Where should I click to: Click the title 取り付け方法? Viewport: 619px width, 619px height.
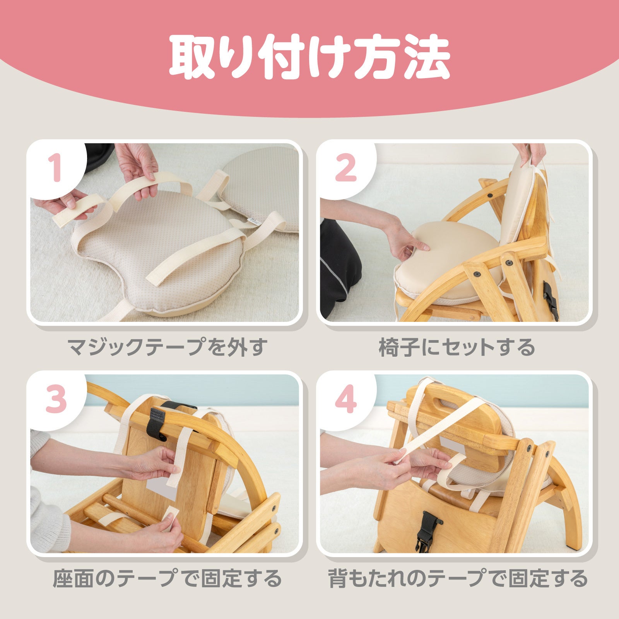309,58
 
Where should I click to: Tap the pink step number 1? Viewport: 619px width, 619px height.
57,168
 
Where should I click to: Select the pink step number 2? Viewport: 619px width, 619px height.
345,168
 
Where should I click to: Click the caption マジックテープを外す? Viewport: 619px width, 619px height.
168,347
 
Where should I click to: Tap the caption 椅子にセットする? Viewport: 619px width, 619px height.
457,347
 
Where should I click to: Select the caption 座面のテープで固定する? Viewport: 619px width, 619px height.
168,578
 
